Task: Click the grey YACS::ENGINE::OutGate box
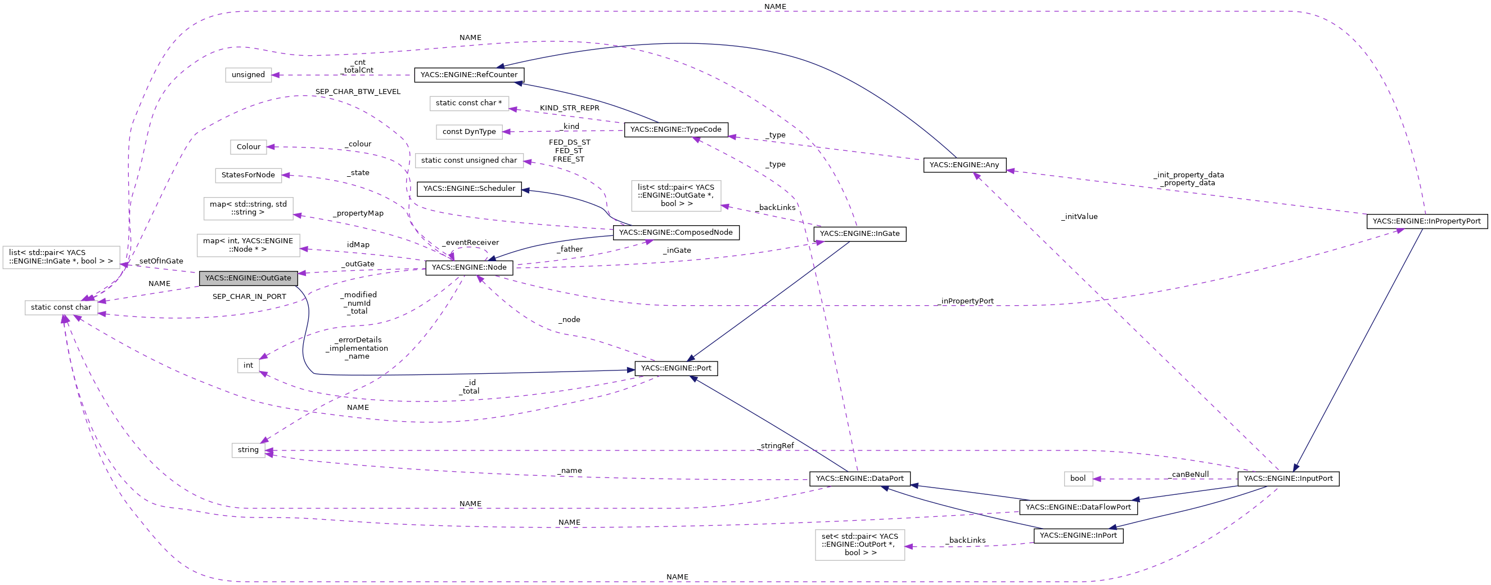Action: click(x=248, y=278)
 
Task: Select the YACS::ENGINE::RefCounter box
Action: click(x=469, y=75)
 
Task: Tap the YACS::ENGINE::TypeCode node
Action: click(x=675, y=129)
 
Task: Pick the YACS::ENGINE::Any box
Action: click(x=965, y=165)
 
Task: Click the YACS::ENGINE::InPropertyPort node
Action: click(x=1426, y=221)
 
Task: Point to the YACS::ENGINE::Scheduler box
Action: click(x=469, y=189)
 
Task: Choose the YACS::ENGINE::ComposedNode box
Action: click(x=675, y=233)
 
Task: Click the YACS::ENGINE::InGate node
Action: click(x=859, y=234)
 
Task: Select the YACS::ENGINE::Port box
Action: click(x=675, y=368)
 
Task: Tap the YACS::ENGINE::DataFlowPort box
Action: click(x=1078, y=507)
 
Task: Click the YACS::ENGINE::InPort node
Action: click(x=1078, y=536)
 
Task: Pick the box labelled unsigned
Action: click(x=248, y=75)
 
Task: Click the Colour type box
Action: click(x=248, y=147)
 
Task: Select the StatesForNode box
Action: click(x=248, y=176)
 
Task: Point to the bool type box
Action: click(x=1078, y=479)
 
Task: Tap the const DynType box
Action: click(x=469, y=132)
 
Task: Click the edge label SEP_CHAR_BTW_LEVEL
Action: click(x=358, y=92)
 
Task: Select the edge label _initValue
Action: click(x=1079, y=217)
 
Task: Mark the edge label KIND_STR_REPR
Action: click(x=569, y=108)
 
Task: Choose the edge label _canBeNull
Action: click(x=1189, y=475)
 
